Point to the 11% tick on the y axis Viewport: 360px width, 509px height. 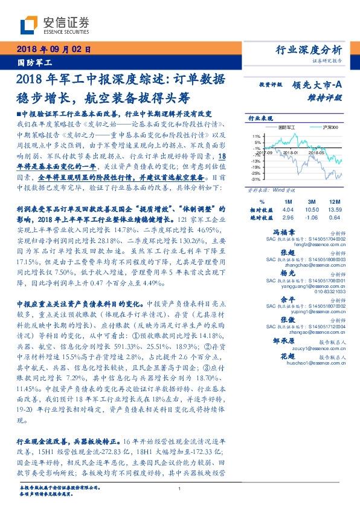[x=257, y=137]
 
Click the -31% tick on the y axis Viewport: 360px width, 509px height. [x=256, y=180]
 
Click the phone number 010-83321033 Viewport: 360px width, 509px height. [x=326, y=291]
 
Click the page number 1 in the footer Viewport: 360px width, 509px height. [x=179, y=490]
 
